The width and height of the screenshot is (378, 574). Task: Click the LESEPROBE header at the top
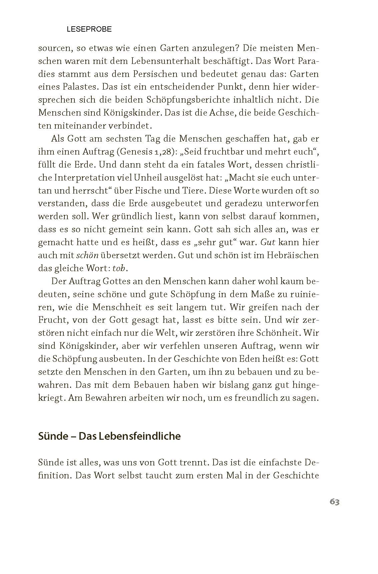[x=89, y=29]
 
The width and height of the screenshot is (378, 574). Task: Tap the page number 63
[x=334, y=502]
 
